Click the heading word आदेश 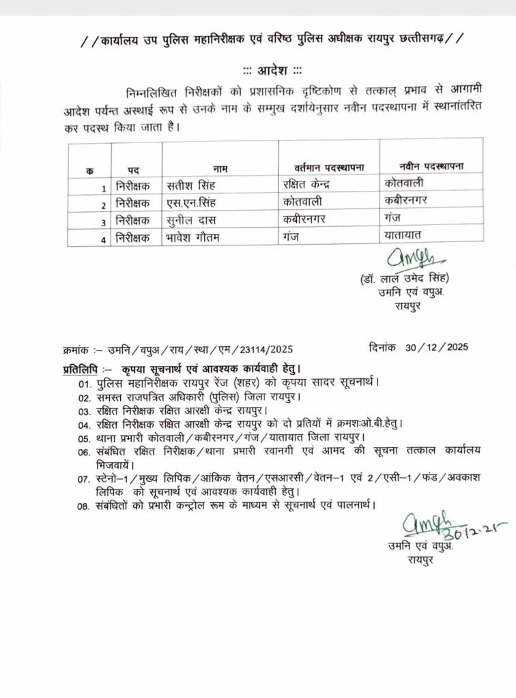point(273,70)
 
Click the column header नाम point(220,167)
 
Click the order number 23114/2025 point(268,350)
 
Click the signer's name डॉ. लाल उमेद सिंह point(405,280)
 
